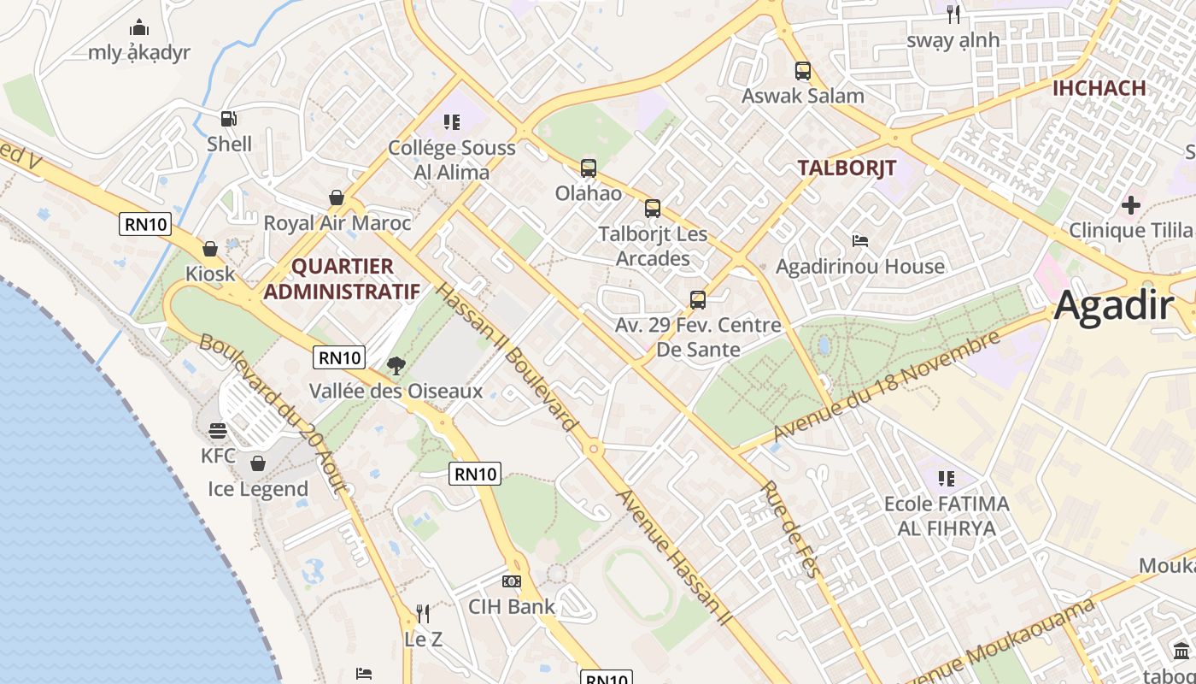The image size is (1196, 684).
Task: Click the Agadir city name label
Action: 1113,305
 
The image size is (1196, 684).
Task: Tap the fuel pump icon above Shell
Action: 229,119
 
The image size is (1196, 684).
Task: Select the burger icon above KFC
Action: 217,430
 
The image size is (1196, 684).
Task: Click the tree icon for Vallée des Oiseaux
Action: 396,366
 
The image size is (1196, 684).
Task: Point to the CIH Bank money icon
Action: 512,581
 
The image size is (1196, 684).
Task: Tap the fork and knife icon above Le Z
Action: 423,613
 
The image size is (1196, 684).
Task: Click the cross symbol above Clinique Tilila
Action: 1131,205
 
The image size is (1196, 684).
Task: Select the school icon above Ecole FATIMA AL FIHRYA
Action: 946,478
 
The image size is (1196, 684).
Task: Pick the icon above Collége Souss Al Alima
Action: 451,122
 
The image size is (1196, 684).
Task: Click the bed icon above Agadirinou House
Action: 860,241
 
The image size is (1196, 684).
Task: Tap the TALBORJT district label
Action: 847,168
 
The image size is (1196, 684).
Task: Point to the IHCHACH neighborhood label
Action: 1099,88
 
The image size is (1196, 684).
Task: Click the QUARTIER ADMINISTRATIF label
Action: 342,279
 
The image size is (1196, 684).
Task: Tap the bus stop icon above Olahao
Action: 588,168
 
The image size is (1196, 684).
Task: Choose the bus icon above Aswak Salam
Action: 802,70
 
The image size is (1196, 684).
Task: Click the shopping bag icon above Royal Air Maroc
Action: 337,198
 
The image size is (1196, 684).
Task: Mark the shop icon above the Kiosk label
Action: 210,249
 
